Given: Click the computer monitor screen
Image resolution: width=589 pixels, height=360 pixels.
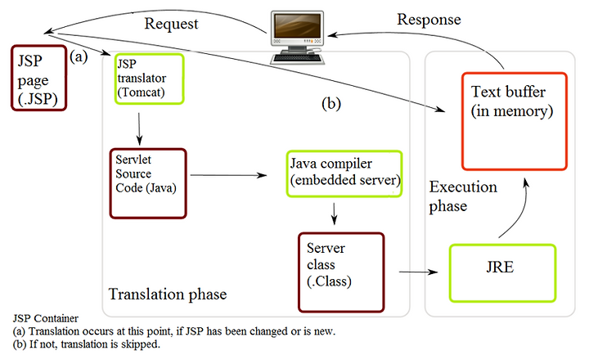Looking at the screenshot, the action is click(x=298, y=25).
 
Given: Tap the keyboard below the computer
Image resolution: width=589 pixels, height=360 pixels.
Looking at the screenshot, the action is click(x=297, y=58).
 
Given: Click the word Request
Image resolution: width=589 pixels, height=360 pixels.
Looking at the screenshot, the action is click(x=171, y=24).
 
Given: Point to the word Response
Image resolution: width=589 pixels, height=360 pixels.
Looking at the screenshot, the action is click(x=429, y=20).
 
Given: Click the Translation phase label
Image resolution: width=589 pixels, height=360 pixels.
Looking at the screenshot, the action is click(x=168, y=295).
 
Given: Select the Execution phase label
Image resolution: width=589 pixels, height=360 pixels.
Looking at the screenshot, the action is click(x=463, y=196).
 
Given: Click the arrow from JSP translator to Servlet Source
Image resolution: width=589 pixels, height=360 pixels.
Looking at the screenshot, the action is click(x=139, y=129).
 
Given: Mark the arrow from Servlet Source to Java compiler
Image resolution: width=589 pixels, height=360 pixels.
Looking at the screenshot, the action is click(x=228, y=175).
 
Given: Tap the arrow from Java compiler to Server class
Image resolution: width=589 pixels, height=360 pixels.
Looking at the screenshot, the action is click(x=334, y=214).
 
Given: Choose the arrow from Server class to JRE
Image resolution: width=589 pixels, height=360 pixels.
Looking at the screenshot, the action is click(x=419, y=272).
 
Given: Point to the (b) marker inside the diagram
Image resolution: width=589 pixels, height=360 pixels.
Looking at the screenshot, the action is click(x=331, y=104).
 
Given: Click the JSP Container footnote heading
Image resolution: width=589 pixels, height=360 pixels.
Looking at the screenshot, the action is click(x=46, y=318).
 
